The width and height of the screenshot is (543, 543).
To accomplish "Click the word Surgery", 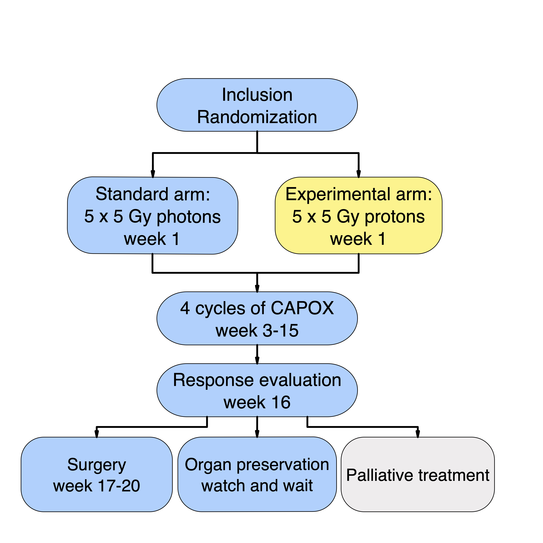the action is pos(97,465).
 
